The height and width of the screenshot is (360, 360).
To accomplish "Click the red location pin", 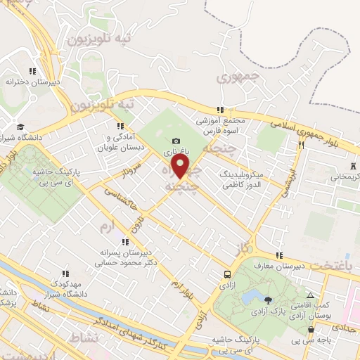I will [x=181, y=167].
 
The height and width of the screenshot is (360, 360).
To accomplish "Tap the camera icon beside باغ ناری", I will [x=176, y=141].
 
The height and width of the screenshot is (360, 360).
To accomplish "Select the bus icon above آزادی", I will [x=227, y=274].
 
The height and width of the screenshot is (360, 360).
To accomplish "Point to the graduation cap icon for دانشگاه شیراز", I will [x=20, y=127].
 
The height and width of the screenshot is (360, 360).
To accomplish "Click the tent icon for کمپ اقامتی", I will [x=310, y=295].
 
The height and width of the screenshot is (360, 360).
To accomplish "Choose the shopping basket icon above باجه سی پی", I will [x=311, y=329].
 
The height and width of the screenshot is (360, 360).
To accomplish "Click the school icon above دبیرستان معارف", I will [x=279, y=255].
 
